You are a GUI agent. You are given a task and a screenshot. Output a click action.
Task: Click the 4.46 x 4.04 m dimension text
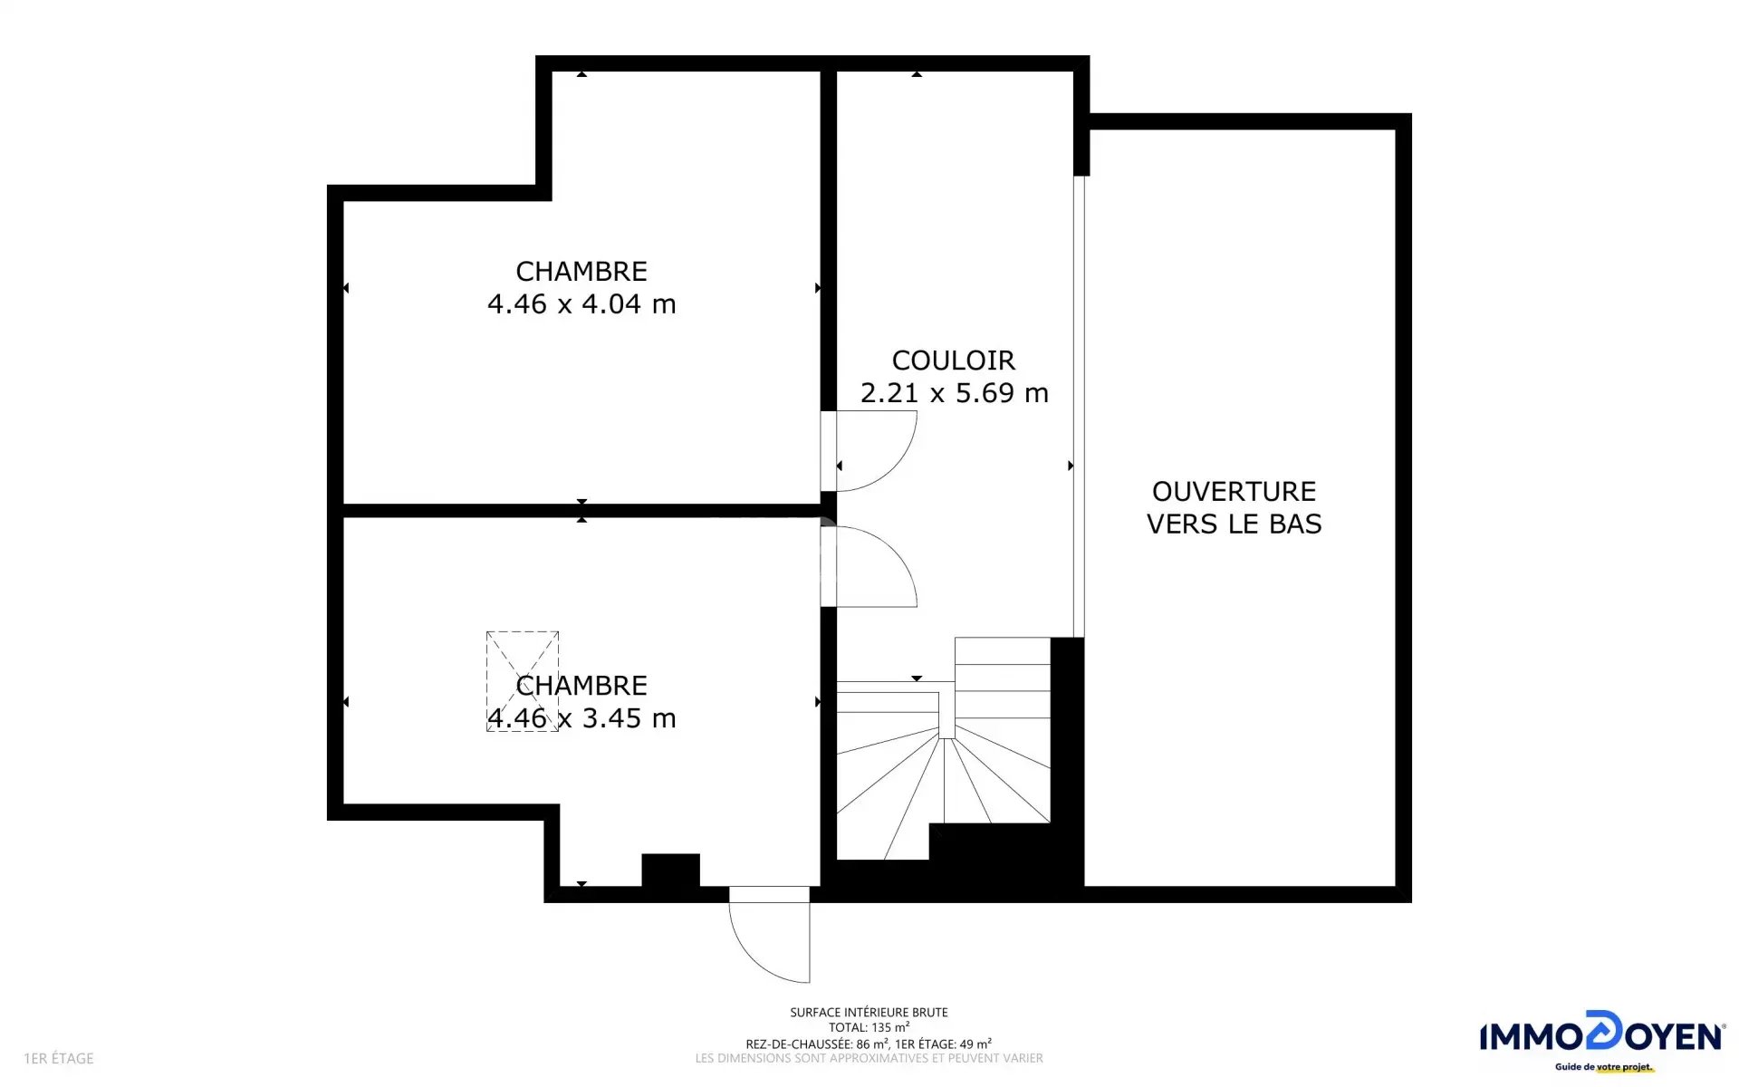[581, 303]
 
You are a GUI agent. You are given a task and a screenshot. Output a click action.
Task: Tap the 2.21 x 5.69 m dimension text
[955, 392]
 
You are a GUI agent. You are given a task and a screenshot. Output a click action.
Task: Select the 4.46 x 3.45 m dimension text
[581, 717]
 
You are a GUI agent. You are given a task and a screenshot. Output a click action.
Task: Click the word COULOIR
[954, 361]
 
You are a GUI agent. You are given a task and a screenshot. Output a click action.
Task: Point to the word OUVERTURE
[1234, 491]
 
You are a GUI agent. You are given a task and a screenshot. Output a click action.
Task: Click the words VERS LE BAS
[1234, 524]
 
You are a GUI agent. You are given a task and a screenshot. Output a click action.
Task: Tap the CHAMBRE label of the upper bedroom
[581, 271]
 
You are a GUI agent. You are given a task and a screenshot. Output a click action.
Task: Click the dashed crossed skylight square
[523, 681]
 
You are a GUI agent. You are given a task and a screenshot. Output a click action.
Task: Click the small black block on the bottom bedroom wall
[670, 871]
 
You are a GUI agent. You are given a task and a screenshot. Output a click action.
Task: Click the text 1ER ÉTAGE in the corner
[59, 1058]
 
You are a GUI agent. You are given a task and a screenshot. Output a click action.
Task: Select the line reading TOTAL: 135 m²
[869, 1027]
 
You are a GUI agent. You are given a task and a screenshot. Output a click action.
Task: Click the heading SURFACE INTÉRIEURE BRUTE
[869, 1012]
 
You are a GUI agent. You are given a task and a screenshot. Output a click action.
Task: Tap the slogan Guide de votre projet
[1603, 1067]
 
